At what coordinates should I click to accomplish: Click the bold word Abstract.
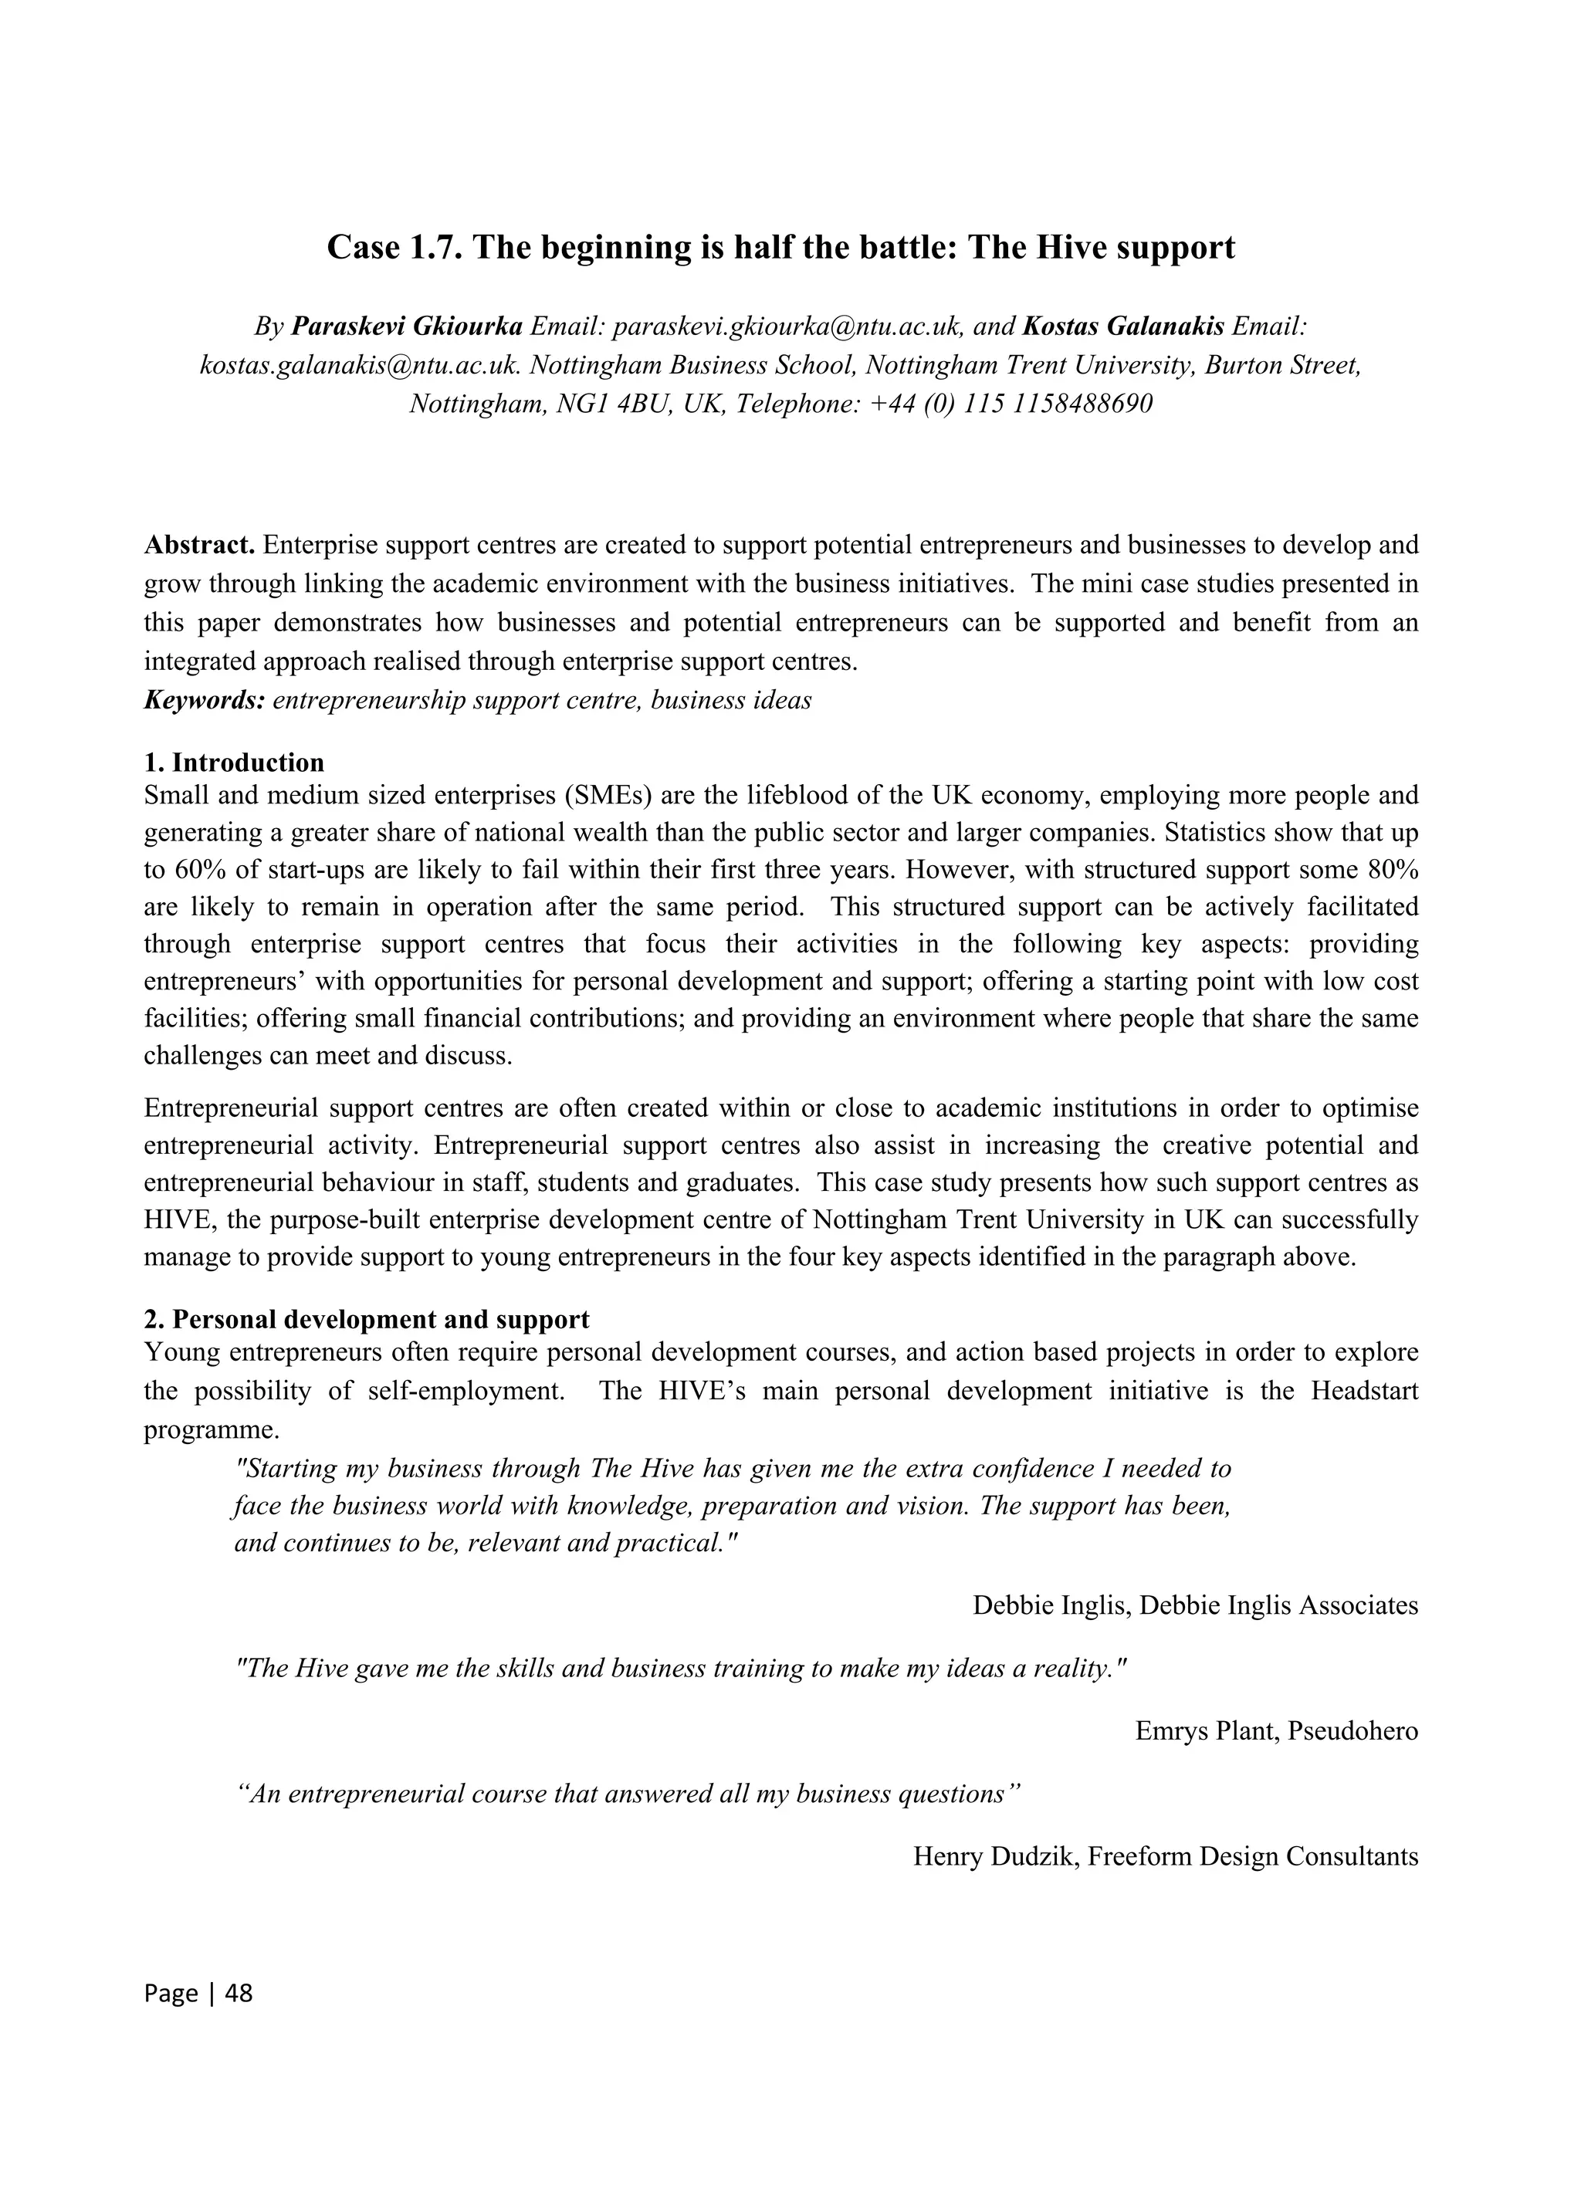[199, 546]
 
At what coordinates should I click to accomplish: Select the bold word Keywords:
[205, 700]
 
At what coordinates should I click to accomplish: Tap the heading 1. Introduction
[234, 763]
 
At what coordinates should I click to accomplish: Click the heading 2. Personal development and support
[366, 1319]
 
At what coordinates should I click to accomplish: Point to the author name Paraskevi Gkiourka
[407, 326]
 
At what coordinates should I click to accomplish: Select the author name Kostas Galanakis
[1123, 326]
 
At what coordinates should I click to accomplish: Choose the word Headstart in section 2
[1364, 1391]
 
